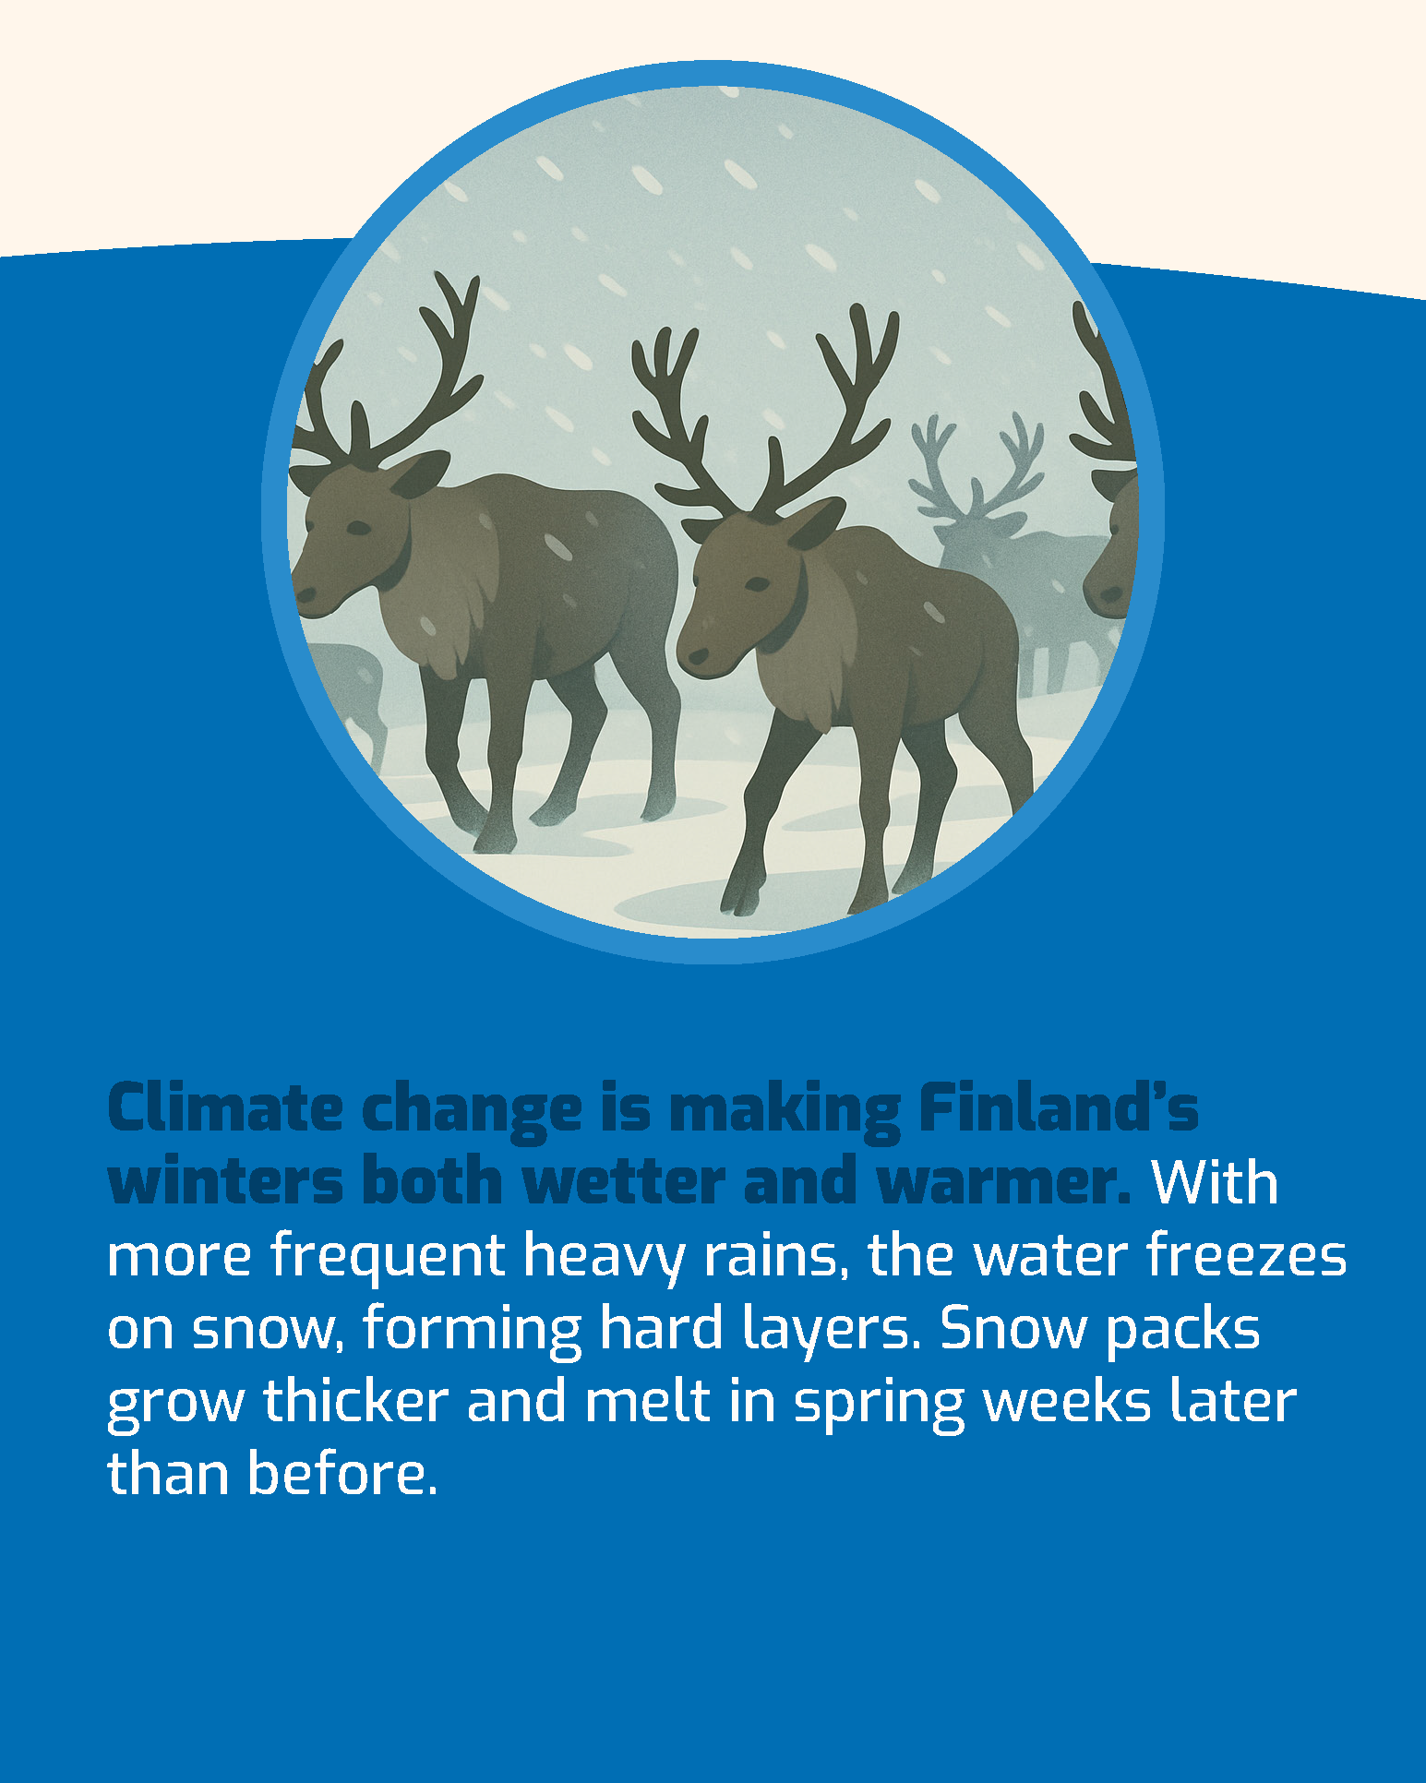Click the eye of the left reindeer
(x=358, y=528)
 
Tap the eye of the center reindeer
(x=757, y=584)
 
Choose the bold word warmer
(x=1003, y=1183)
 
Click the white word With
(x=1214, y=1181)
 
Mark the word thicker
(x=355, y=1401)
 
